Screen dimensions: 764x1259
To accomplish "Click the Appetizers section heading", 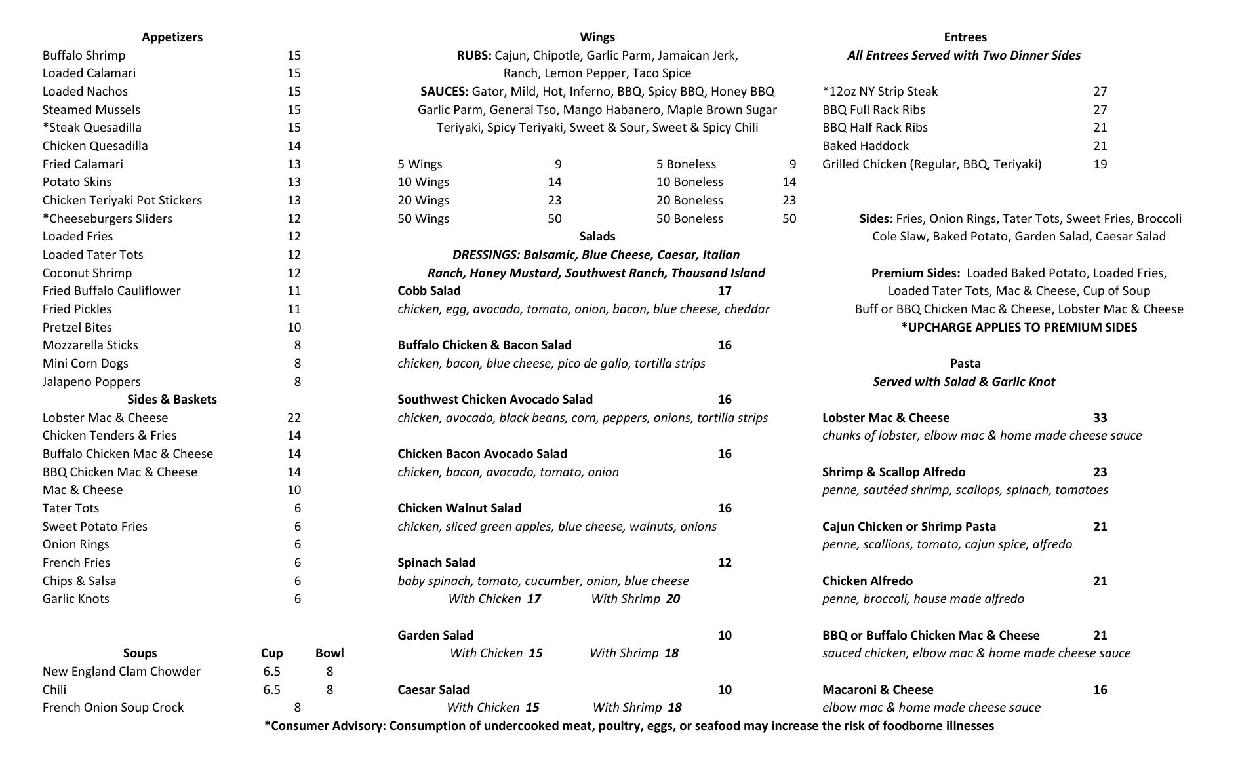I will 172,37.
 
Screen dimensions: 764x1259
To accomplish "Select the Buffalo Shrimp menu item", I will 84,56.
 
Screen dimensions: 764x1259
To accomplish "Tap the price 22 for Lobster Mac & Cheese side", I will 294,418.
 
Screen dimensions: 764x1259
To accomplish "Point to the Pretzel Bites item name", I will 77,328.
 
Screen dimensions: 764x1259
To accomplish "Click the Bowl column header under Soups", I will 329,653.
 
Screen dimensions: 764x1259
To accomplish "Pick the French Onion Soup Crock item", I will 113,708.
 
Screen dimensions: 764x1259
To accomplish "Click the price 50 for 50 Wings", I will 555,219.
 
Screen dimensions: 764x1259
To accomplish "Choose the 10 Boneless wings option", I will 689,182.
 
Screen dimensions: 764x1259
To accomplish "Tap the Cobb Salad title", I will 429,291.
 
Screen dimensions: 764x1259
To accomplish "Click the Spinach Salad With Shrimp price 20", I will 673,599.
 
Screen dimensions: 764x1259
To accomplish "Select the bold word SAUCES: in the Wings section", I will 445,92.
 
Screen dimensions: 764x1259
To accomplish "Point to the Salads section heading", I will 597,237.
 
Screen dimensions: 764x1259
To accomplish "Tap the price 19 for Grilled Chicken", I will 1100,164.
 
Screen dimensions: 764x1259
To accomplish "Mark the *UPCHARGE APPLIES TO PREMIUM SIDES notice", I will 1019,328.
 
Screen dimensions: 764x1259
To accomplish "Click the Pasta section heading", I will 965,364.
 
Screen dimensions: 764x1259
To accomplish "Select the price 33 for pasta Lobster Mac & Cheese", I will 1100,418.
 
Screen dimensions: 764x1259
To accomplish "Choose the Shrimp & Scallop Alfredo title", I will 894,472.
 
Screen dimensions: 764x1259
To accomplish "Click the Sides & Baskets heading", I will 172,400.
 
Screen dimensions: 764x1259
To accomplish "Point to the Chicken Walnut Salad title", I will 459,508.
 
